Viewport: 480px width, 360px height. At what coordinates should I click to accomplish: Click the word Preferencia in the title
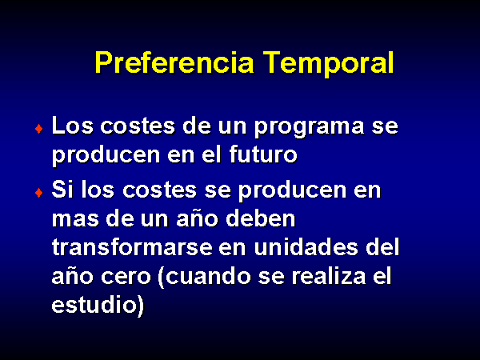coord(174,62)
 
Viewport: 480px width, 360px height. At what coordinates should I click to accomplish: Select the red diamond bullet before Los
coord(39,129)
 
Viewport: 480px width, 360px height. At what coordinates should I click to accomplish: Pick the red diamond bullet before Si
coord(39,193)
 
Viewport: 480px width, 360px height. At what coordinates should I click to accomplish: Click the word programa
coord(309,128)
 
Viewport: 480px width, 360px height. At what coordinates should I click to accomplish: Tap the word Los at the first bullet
coord(73,125)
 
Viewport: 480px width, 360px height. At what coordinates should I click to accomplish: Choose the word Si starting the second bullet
coord(62,189)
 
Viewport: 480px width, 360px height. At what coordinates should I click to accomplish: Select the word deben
coord(261,218)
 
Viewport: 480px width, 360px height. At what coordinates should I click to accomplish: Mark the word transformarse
coord(132,246)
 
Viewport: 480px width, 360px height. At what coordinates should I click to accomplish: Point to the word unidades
coord(306,246)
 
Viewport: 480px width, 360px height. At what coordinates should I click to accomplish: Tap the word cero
coord(126,278)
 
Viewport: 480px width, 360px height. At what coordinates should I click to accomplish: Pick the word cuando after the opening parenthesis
coord(207,275)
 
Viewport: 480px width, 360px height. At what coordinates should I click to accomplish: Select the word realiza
coord(329,275)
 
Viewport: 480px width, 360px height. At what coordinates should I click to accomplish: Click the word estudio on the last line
coord(94,304)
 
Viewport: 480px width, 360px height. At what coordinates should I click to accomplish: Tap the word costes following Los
coord(138,126)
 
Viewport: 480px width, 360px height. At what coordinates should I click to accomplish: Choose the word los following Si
coord(98,189)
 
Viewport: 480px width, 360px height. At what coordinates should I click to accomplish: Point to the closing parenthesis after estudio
coord(140,306)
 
